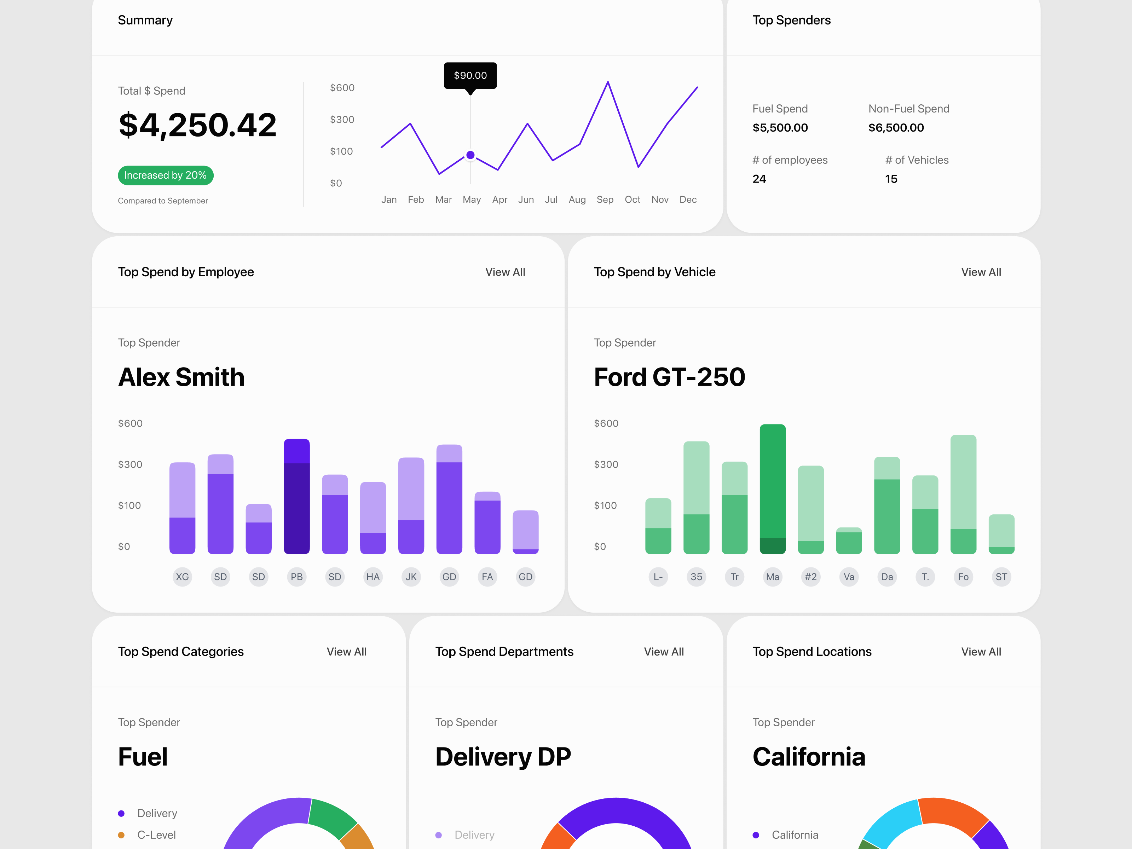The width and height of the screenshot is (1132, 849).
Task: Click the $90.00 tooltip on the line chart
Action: pos(470,75)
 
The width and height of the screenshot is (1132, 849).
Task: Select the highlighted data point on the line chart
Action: pos(470,155)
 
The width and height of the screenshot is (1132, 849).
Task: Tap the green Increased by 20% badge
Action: pos(165,175)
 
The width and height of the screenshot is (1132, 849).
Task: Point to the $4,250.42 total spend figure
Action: pos(197,125)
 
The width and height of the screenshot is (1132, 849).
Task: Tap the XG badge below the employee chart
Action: pos(182,577)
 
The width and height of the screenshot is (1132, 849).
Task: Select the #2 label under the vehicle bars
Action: pos(811,577)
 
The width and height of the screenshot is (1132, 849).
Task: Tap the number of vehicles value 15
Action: pos(891,179)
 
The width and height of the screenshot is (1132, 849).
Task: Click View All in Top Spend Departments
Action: pos(663,652)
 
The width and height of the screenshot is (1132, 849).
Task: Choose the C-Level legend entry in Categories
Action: pos(156,834)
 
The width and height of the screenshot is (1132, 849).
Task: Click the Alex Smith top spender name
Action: pos(181,377)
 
